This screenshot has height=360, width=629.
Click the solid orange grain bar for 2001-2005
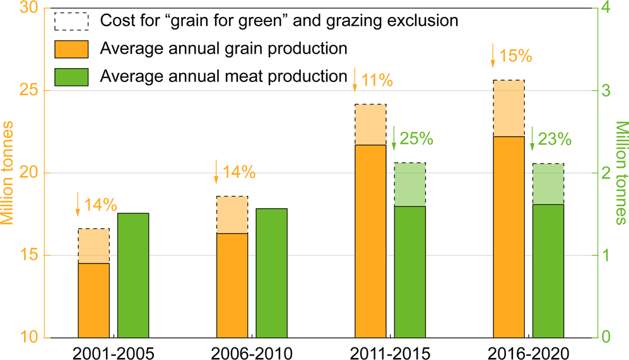point(93,300)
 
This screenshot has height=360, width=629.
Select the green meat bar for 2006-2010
point(271,273)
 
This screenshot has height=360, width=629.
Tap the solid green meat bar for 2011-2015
point(409,272)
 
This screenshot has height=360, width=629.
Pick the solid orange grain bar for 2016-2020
point(508,236)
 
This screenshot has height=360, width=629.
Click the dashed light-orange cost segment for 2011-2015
point(370,125)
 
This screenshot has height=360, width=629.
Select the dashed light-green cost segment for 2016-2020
point(548,184)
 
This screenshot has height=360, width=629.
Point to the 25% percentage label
point(416,138)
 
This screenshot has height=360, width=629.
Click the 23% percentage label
point(555,138)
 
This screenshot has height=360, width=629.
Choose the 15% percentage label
point(515,55)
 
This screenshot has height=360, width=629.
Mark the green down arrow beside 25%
point(394,138)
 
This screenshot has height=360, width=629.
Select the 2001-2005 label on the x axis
point(114,351)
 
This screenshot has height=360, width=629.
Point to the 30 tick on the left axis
point(30,8)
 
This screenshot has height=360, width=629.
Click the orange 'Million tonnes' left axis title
point(9,173)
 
